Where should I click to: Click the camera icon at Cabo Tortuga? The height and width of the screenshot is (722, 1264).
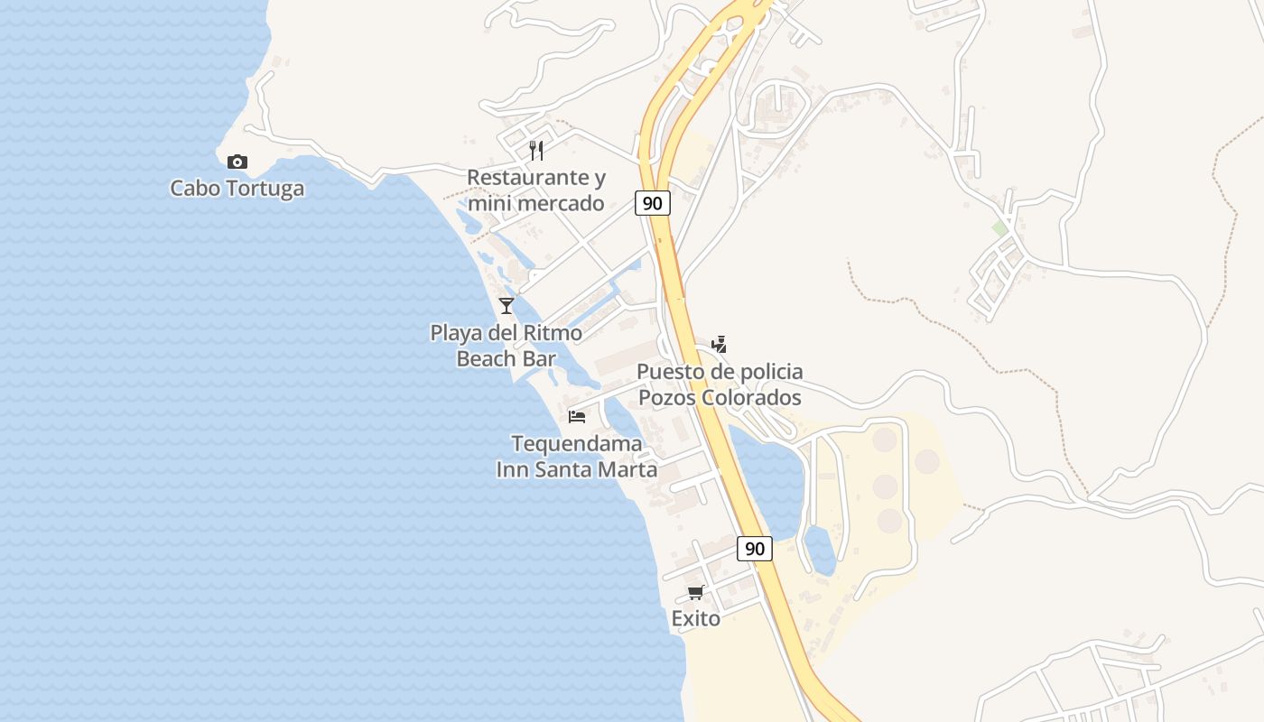pos(237,162)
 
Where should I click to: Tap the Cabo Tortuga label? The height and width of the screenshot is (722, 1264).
pos(237,189)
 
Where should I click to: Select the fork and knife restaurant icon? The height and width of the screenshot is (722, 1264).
pos(536,150)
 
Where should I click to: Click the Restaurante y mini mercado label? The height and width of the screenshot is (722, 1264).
pos(536,190)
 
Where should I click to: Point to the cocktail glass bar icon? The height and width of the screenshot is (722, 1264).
pos(507,306)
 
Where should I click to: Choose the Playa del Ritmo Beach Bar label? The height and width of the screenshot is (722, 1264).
pos(506,346)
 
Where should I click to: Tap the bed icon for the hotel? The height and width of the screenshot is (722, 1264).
pos(577,416)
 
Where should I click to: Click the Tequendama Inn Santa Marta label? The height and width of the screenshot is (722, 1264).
pos(577,457)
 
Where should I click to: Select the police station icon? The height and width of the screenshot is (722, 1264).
pos(719,344)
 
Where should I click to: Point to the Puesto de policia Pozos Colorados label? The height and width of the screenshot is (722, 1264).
pos(720,384)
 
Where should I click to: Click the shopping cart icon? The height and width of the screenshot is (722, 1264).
pos(695,592)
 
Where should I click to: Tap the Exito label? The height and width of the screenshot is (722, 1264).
pos(695,619)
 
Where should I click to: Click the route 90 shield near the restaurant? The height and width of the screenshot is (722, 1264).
pos(652,203)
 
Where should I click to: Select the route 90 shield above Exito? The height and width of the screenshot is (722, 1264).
pos(755,548)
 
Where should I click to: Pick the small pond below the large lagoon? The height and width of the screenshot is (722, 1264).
pos(820,550)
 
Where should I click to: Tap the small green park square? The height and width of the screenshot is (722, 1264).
pos(999,228)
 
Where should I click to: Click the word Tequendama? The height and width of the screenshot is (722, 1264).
pos(577,444)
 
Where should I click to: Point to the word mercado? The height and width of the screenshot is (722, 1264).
pos(561,204)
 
